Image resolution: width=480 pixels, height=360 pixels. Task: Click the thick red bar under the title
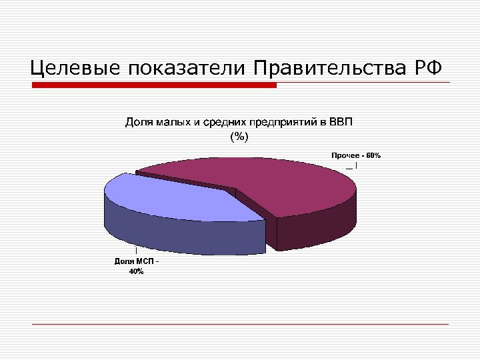tap(154, 85)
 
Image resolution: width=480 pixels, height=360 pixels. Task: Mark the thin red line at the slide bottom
tap(240, 324)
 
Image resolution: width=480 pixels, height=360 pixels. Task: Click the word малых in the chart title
tap(175, 123)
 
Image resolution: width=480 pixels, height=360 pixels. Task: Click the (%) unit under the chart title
tap(239, 137)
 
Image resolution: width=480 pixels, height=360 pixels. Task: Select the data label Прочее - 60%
tap(356, 155)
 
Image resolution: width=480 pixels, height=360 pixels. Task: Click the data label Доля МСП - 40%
tap(136, 267)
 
